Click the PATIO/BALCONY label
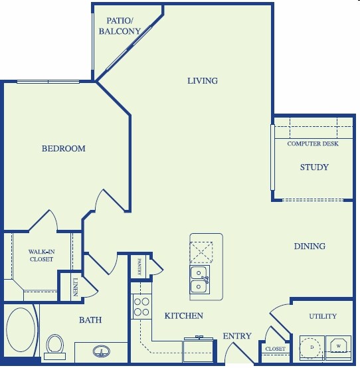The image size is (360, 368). pos(120,26)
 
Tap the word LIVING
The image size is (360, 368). pos(202,81)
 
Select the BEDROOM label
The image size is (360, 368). pos(64,149)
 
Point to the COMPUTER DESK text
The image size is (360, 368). pos(313,144)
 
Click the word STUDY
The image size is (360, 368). pos(314,167)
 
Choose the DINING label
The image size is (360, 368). pos(310,246)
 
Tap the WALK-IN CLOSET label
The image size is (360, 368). pos(41,256)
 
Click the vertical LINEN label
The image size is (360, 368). pos(75,287)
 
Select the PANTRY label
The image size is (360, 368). pos(139,267)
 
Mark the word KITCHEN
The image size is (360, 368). pos(184,316)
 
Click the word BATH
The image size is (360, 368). pos(90,320)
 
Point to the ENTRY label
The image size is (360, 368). pos(237,336)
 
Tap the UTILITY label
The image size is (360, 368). pos(323,316)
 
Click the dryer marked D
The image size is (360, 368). pos(311,347)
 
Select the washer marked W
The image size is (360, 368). pos(338,346)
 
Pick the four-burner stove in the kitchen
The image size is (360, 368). pos(141,306)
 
